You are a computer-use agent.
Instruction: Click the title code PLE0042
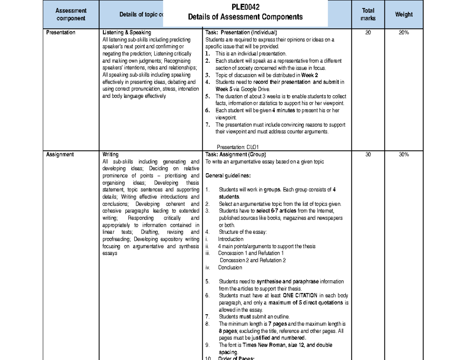point(245,7)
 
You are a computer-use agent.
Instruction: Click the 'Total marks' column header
point(367,14)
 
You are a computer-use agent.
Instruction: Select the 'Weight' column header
point(404,14)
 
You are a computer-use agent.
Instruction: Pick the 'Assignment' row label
point(59,154)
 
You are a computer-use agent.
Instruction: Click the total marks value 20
point(368,33)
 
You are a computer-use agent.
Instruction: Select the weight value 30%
point(404,154)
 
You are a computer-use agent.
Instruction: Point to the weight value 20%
point(404,33)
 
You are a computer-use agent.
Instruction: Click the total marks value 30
point(368,154)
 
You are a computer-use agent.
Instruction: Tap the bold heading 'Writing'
point(110,154)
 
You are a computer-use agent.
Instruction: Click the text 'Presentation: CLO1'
point(235,147)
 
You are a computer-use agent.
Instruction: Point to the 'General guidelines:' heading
point(228,176)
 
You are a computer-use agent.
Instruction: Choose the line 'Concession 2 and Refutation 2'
point(252,260)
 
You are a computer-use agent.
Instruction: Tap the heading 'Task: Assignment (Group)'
point(236,154)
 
